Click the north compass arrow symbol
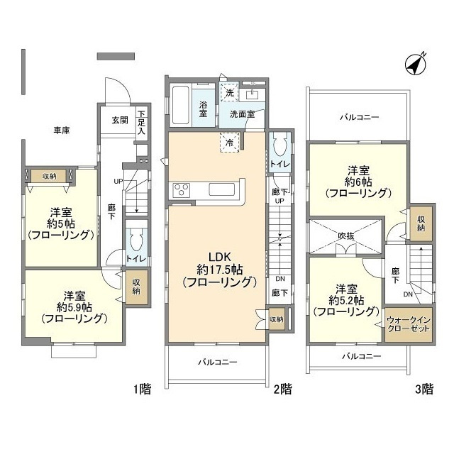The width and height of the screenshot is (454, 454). click(414, 64)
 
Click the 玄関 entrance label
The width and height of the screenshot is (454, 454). click(119, 120)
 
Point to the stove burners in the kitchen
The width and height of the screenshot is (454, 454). click(179, 190)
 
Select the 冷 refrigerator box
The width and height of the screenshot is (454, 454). click(229, 141)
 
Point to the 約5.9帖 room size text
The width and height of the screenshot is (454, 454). click(74, 307)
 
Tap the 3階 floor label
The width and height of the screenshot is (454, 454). click(423, 388)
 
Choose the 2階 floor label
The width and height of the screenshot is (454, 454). click(282, 388)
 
